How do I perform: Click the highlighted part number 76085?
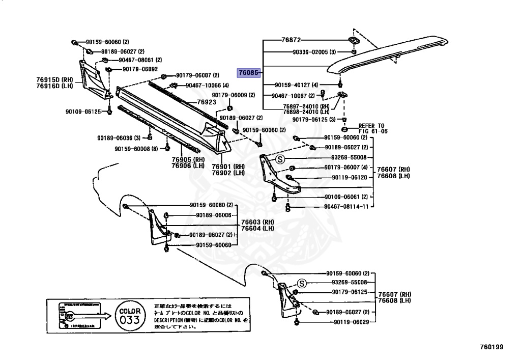click(249, 73)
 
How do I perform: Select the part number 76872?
click(291, 39)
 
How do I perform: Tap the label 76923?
click(207, 102)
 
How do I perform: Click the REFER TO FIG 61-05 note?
click(373, 128)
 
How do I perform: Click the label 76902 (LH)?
click(228, 173)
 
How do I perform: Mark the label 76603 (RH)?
click(257, 222)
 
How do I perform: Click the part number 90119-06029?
click(353, 323)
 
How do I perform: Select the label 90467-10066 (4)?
click(207, 85)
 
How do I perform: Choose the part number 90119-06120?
click(349, 177)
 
